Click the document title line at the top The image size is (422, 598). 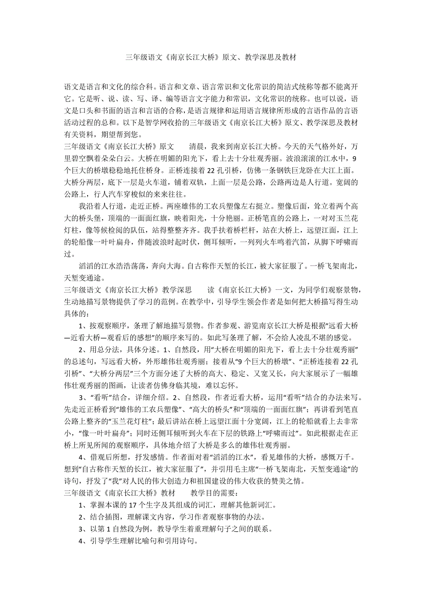(x=211, y=58)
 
